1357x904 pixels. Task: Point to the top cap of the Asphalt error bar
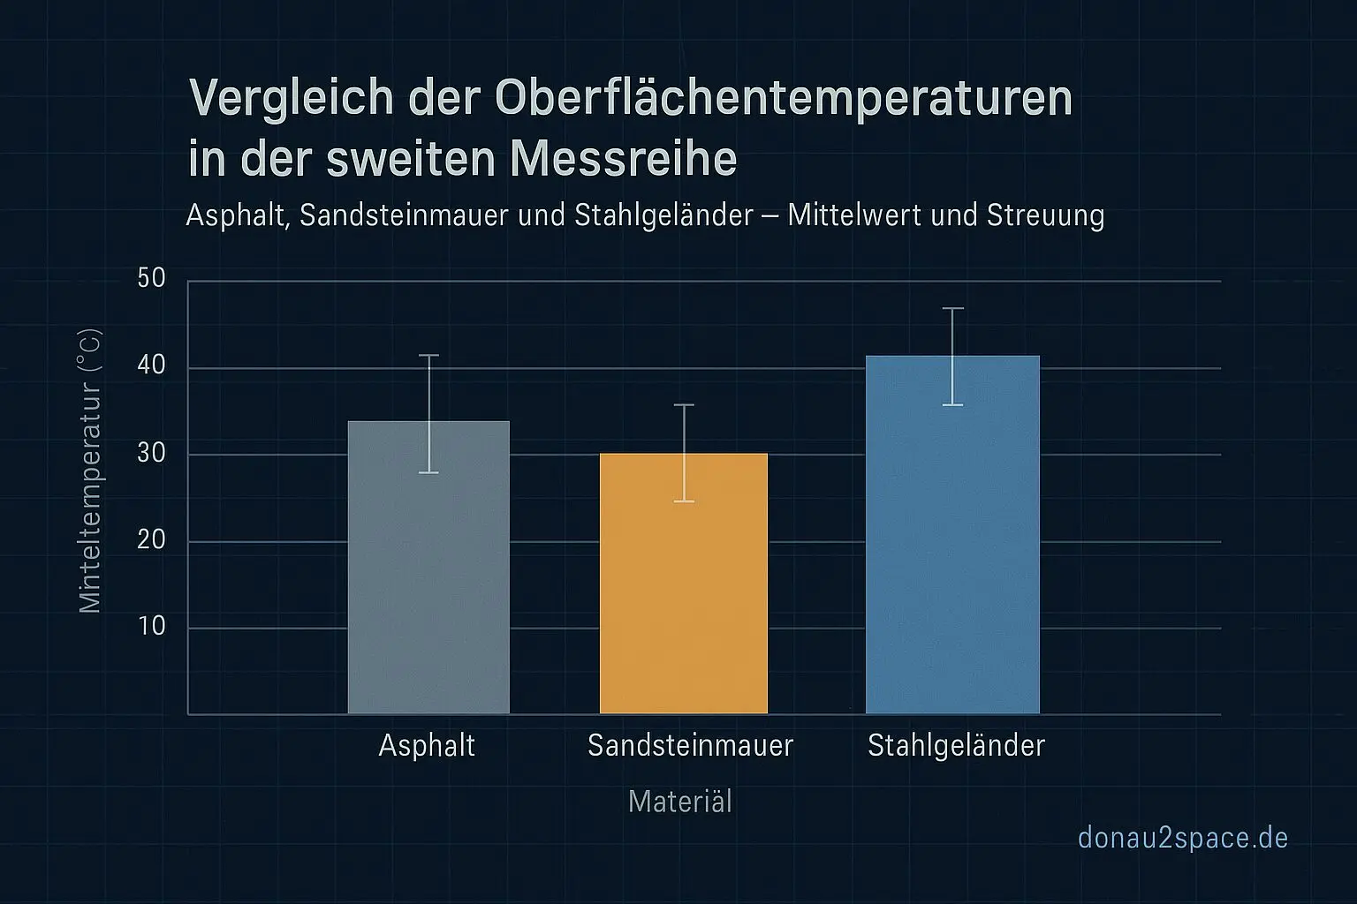coord(428,355)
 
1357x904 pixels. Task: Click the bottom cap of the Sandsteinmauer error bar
coord(683,501)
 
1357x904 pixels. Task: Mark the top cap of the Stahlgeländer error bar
coord(952,308)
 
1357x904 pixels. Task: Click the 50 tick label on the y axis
coord(152,279)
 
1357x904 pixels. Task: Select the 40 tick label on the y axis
coord(152,365)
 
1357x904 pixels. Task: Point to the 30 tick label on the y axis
coord(152,453)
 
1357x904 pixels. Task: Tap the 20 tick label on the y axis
coord(152,539)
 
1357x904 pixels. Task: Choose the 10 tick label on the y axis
coord(152,626)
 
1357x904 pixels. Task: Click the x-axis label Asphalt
coord(427,746)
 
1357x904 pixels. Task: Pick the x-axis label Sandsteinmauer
coord(690,746)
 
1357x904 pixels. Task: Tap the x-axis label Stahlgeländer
coord(956,746)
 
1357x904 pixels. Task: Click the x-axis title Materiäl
coord(679,802)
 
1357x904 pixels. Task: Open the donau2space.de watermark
coord(1183,838)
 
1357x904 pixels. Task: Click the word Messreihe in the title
coord(624,159)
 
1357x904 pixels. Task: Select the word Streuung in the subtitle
coord(1045,215)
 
